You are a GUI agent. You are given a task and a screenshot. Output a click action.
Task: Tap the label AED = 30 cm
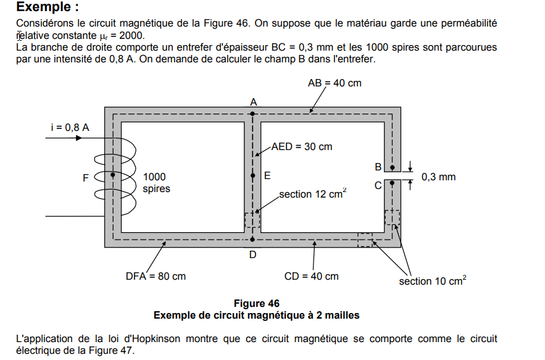click(x=302, y=146)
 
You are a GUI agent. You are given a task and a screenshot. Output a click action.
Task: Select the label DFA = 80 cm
click(x=156, y=276)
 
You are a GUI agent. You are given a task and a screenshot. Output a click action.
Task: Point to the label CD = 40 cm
click(x=311, y=276)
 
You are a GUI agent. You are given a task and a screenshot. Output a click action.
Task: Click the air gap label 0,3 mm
click(x=438, y=177)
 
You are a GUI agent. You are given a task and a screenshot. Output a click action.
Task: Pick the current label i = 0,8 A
click(x=70, y=127)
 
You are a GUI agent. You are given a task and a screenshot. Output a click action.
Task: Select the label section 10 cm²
click(x=432, y=281)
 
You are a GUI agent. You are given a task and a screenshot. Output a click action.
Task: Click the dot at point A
click(x=253, y=114)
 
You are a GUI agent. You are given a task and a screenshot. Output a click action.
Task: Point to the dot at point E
click(x=253, y=175)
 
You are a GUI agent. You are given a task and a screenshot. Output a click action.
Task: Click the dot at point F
click(x=113, y=176)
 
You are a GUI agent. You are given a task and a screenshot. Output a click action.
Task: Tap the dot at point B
click(x=392, y=167)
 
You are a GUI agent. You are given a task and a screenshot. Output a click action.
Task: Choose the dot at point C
click(x=392, y=183)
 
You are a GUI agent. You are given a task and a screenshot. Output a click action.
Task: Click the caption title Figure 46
click(x=256, y=303)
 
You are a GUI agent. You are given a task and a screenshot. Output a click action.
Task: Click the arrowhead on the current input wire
click(x=78, y=138)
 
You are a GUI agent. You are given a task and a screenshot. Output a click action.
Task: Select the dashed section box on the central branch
click(x=252, y=220)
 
